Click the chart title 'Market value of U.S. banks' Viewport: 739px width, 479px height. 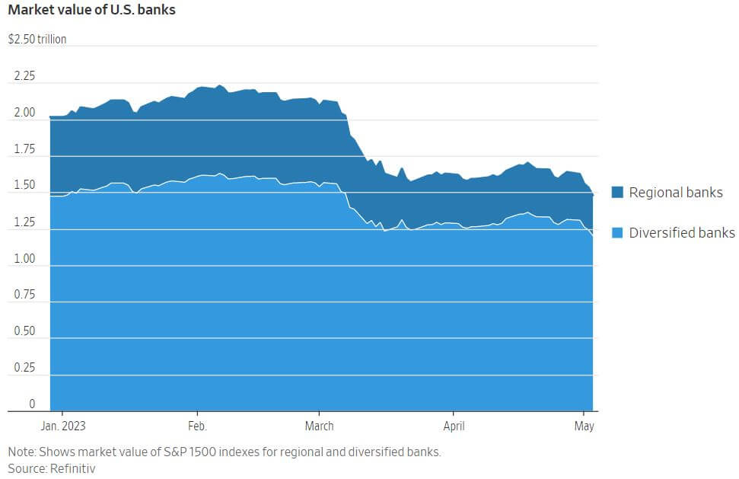tap(91, 11)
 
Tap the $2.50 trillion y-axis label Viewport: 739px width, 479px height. tap(37, 39)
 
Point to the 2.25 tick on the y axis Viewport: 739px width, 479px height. tap(24, 76)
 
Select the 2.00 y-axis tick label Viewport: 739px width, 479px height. tap(24, 113)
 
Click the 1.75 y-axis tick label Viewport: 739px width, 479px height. tap(24, 149)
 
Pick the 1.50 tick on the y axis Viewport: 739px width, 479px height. tap(24, 186)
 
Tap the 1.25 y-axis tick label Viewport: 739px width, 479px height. tap(24, 222)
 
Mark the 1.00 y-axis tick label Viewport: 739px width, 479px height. tap(24, 259)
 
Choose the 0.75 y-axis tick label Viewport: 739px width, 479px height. tap(24, 295)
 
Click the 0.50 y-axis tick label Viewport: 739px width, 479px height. tap(24, 331)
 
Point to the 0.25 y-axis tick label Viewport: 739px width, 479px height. tap(24, 368)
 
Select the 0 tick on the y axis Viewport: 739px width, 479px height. tap(32, 404)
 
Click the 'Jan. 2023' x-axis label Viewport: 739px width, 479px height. tap(62, 426)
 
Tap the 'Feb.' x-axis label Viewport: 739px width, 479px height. tap(197, 426)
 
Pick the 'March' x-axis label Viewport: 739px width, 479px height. tap(319, 426)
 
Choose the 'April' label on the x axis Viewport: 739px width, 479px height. tap(454, 426)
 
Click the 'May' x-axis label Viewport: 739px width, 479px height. tap(584, 426)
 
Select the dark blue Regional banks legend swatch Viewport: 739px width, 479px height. tap(617, 193)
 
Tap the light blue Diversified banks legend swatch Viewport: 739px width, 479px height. tap(617, 232)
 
